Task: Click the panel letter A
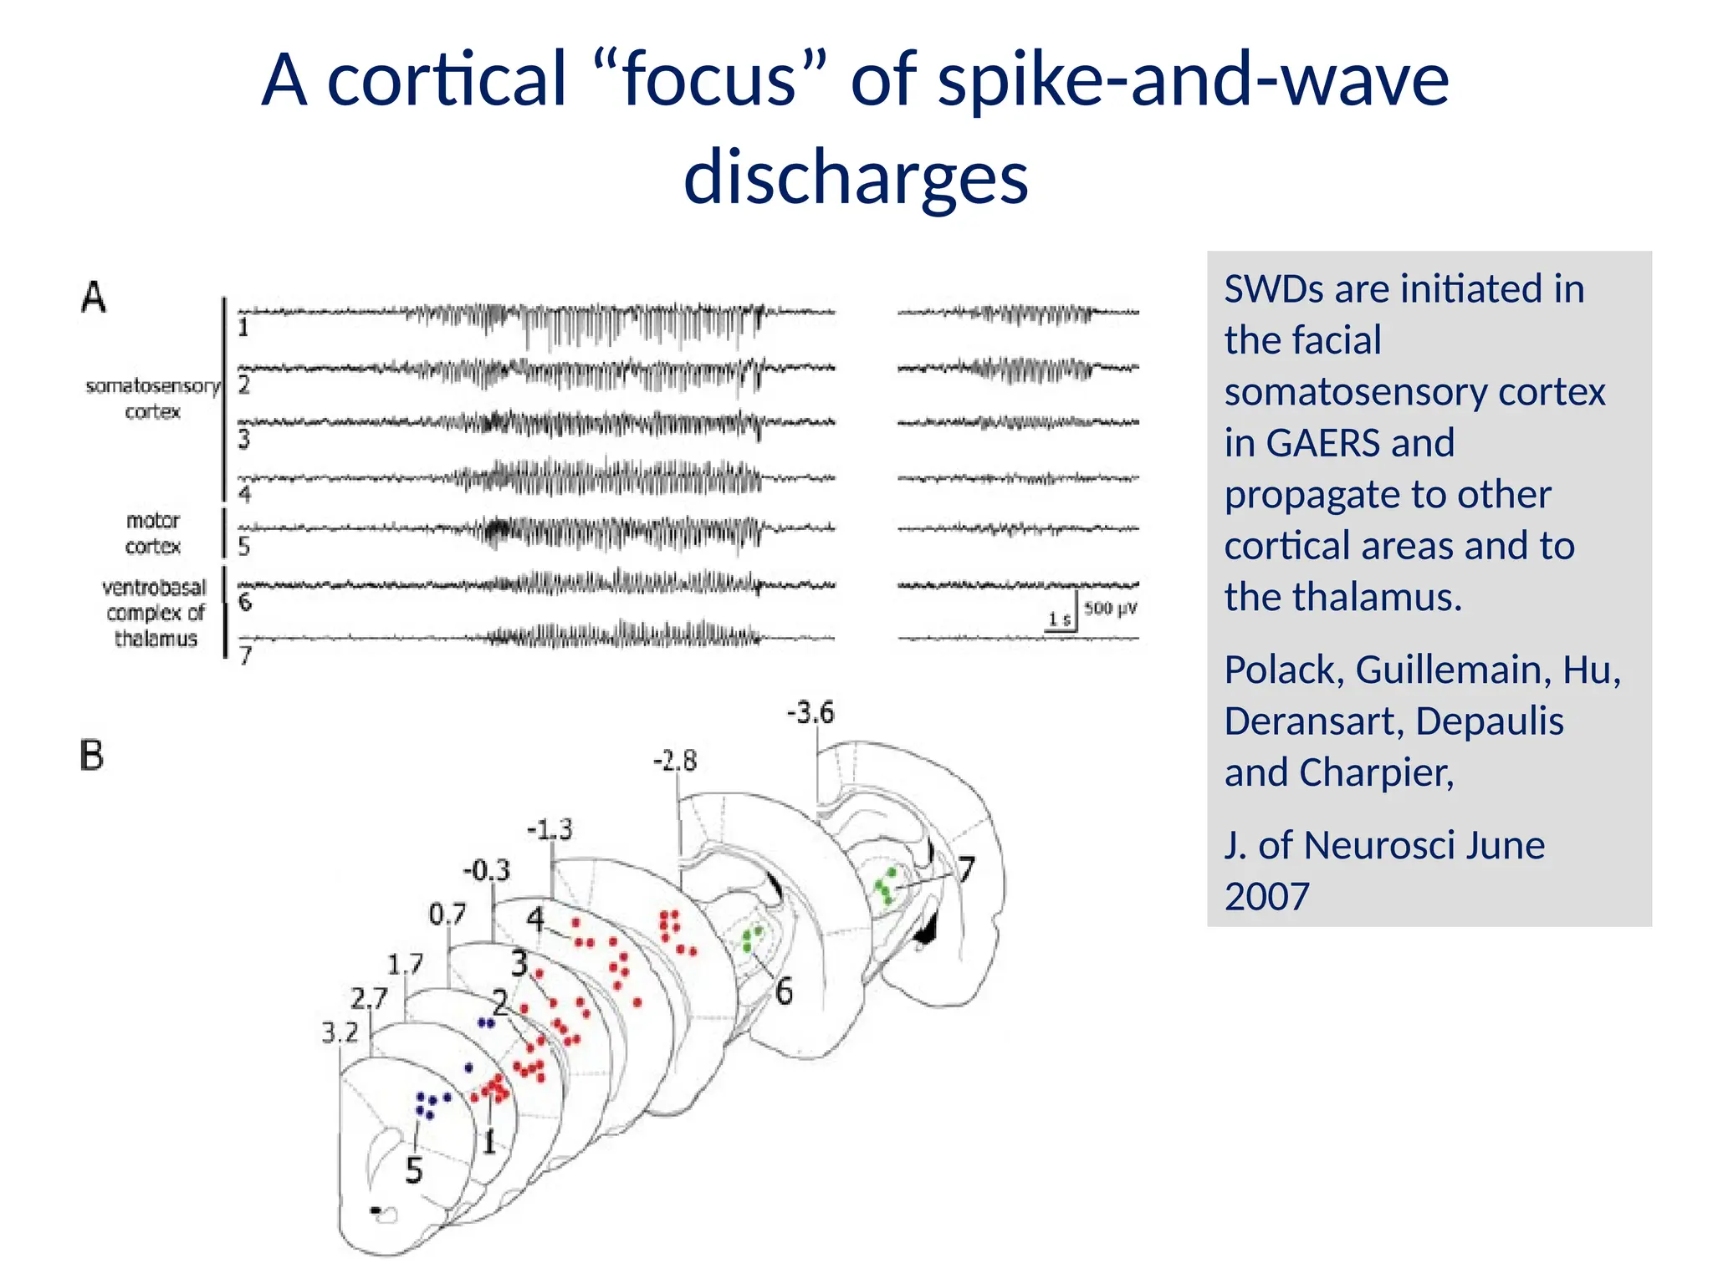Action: click(94, 297)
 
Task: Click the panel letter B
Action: click(92, 756)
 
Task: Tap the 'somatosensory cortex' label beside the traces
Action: click(153, 399)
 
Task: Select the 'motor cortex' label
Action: click(153, 533)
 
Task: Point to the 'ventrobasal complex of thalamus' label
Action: click(155, 613)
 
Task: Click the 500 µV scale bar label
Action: click(1110, 608)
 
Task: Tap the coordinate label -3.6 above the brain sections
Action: click(810, 713)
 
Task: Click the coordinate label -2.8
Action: click(674, 761)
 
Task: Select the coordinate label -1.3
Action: click(550, 830)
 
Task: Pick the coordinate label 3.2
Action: click(340, 1034)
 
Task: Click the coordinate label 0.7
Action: click(447, 915)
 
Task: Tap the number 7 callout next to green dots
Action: click(966, 870)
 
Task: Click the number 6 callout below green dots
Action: click(784, 992)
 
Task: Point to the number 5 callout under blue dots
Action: click(414, 1171)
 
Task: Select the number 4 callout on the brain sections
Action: click(535, 920)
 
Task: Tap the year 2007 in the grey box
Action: click(1266, 897)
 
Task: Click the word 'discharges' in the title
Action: click(856, 177)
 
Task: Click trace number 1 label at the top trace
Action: click(243, 328)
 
